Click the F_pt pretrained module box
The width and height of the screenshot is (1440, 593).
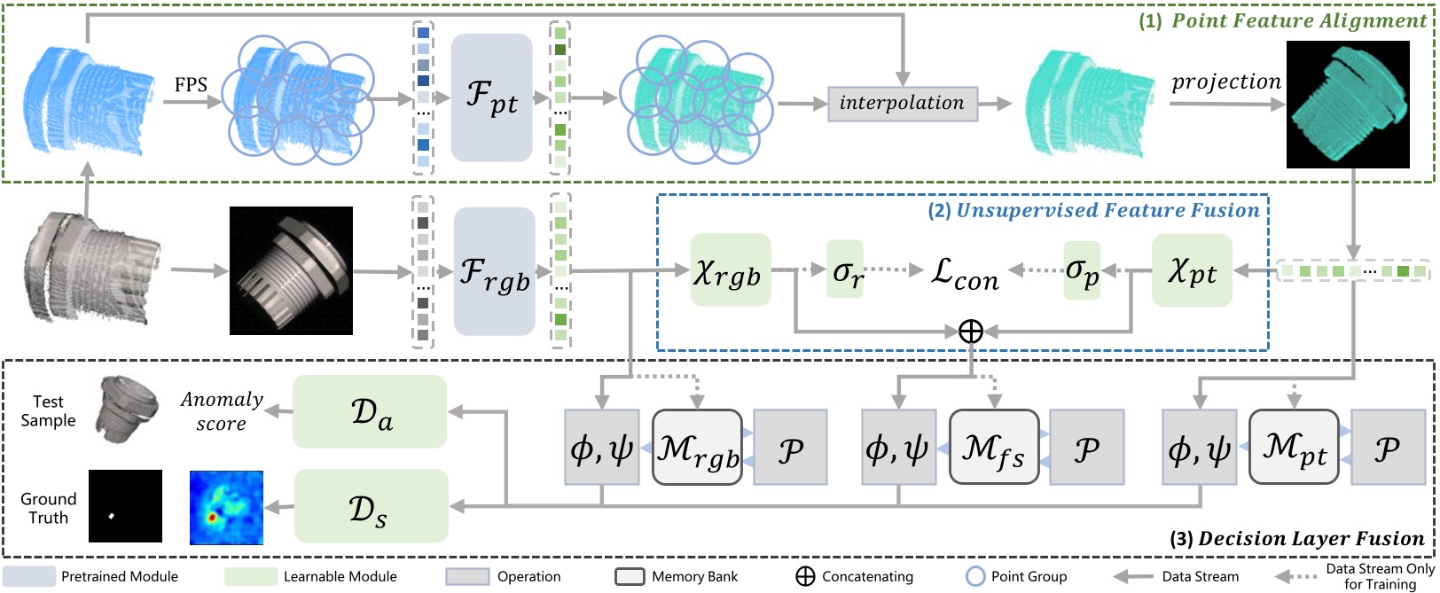coord(491,98)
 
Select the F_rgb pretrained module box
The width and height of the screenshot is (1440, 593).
coord(494,271)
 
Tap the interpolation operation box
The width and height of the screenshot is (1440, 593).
coord(902,103)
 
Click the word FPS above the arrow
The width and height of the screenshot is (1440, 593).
coord(191,85)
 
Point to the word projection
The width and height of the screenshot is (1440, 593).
coord(1226,82)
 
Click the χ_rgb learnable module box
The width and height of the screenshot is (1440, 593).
coord(730,270)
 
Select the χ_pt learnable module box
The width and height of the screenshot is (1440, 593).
coord(1191,270)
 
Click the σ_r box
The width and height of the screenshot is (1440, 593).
coord(845,269)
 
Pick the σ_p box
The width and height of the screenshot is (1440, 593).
coord(1082,270)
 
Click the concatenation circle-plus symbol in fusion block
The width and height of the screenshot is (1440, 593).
coord(971,332)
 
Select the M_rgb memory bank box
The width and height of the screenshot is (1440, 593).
coord(697,447)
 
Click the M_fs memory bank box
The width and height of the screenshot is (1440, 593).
coord(993,447)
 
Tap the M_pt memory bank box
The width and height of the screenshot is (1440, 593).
coord(1293,447)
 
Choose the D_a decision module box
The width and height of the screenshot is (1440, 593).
coord(370,411)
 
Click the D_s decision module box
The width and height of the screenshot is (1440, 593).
coord(370,506)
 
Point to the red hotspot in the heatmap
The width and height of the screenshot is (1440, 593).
coord(212,516)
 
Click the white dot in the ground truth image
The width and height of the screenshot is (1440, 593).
coord(113,516)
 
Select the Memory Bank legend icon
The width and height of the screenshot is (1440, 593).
coord(629,576)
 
